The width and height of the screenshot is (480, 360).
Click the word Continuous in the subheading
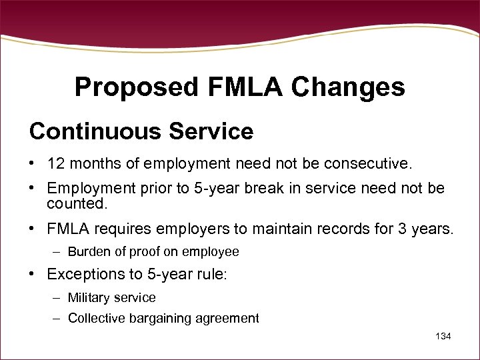(91, 131)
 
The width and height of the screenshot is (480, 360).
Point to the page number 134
(443, 336)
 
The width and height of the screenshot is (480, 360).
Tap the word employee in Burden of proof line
(211, 252)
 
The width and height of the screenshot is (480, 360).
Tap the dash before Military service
(58, 297)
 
